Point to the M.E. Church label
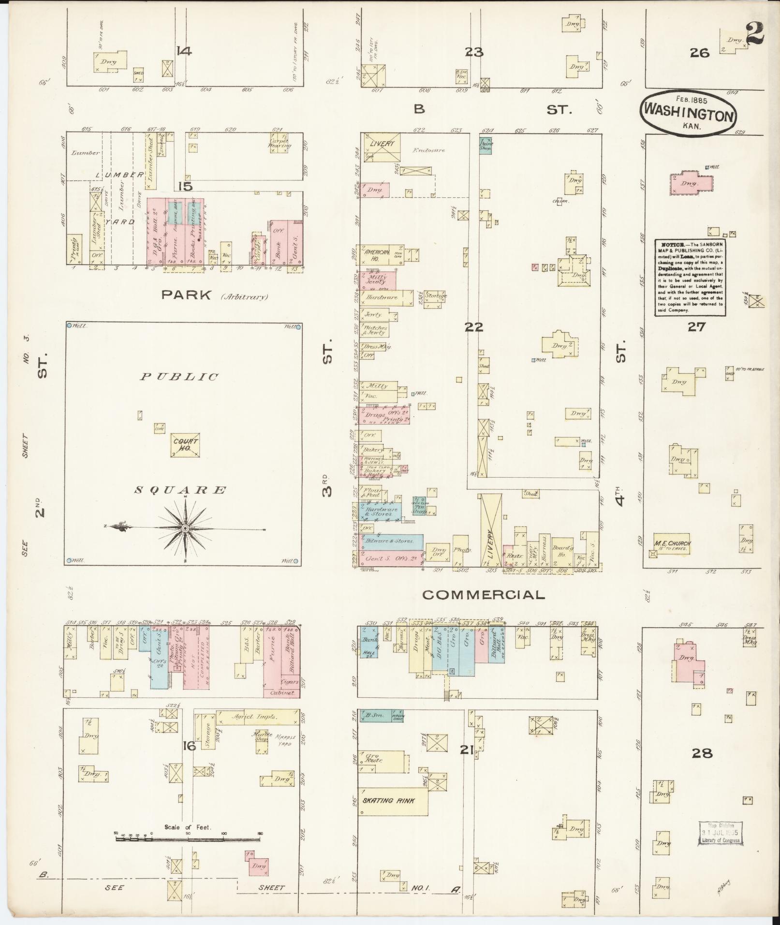tap(673, 543)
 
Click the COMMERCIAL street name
tap(483, 595)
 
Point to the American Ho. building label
tap(377, 255)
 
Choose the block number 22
tap(474, 327)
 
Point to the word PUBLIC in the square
tap(179, 377)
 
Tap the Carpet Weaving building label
tap(280, 143)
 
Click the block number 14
tap(184, 51)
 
